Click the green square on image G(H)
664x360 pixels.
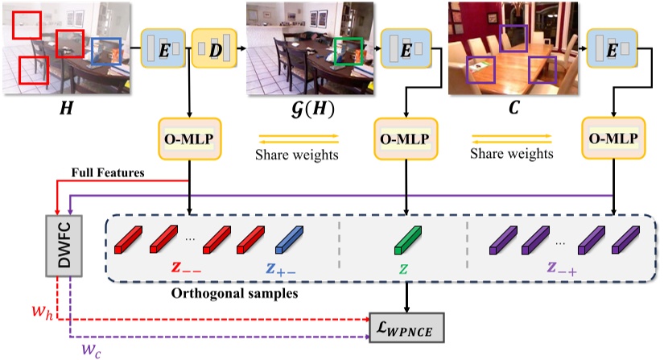tap(349, 52)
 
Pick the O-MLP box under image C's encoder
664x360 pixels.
tap(613, 139)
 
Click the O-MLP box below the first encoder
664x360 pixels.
tap(189, 139)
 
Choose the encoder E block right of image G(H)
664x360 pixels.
tap(406, 48)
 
